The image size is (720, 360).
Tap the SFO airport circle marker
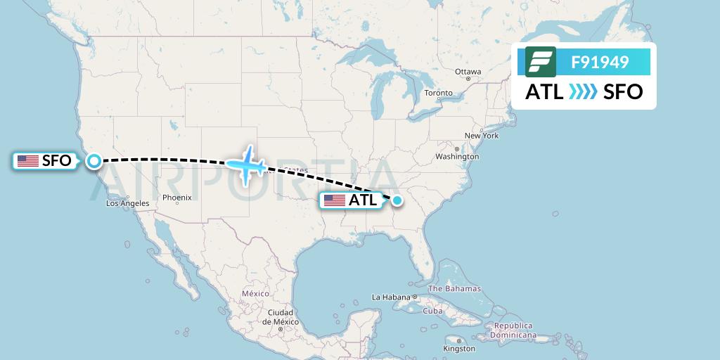click(x=94, y=161)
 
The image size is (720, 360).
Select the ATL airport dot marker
click(x=397, y=200)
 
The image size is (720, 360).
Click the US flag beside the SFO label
click(x=28, y=161)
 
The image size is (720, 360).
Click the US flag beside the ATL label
click(x=335, y=200)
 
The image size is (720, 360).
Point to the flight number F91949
click(x=600, y=63)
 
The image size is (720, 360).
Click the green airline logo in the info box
click(x=541, y=62)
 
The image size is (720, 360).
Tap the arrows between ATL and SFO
click(x=583, y=91)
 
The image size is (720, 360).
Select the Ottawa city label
click(x=468, y=72)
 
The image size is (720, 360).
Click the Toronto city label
click(x=439, y=93)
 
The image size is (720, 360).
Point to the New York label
click(x=481, y=135)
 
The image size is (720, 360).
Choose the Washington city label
click(x=457, y=156)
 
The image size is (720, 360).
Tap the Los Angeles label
click(x=127, y=203)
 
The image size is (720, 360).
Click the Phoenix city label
click(x=177, y=198)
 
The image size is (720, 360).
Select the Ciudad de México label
click(x=280, y=316)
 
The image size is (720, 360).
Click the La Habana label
click(x=392, y=297)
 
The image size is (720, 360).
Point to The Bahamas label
click(x=454, y=288)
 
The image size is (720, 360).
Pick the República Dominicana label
click(x=513, y=330)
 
